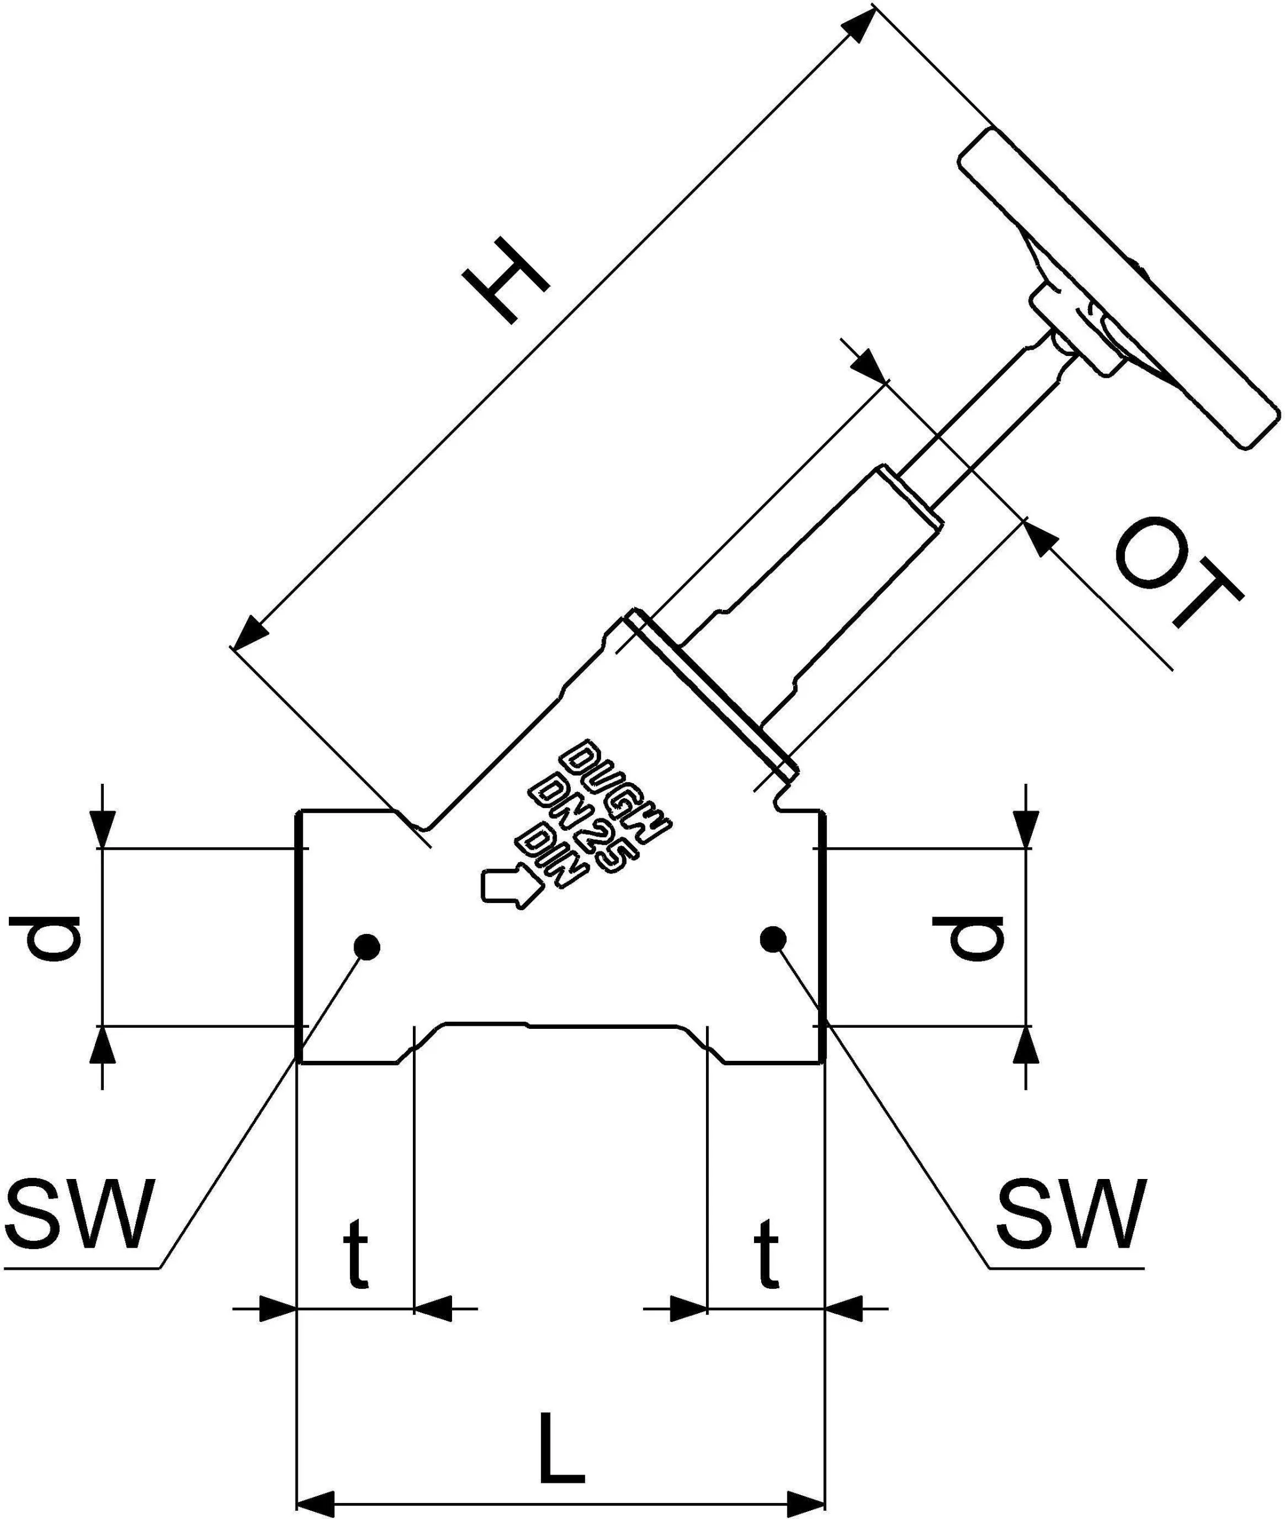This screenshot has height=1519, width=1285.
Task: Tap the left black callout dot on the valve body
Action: (367, 947)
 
